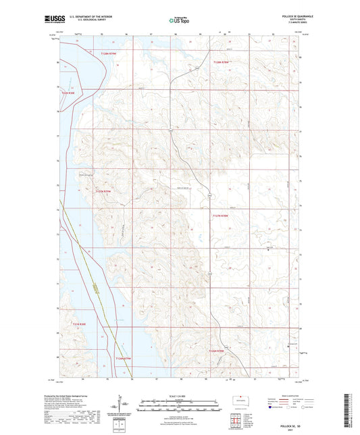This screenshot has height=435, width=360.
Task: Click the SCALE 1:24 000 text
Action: [x=180, y=395]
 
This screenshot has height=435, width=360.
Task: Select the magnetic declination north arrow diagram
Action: [x=125, y=407]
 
